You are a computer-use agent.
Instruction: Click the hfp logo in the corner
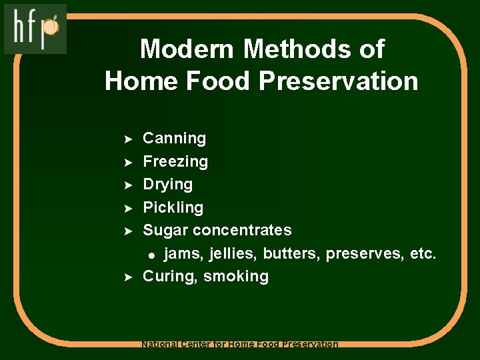coord(35,29)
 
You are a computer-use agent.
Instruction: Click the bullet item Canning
coord(175,139)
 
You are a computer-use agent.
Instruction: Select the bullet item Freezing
coord(175,161)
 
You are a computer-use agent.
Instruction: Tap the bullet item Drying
coord(168,185)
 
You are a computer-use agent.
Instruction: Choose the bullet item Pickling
coord(173,207)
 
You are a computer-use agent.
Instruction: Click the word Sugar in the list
coord(165,231)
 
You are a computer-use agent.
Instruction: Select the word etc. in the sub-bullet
coord(421,253)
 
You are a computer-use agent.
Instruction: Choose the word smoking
coord(236,277)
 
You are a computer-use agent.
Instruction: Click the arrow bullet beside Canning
coord(130,139)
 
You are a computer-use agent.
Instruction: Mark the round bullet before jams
coord(152,255)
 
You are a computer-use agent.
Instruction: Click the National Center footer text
coord(240,345)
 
